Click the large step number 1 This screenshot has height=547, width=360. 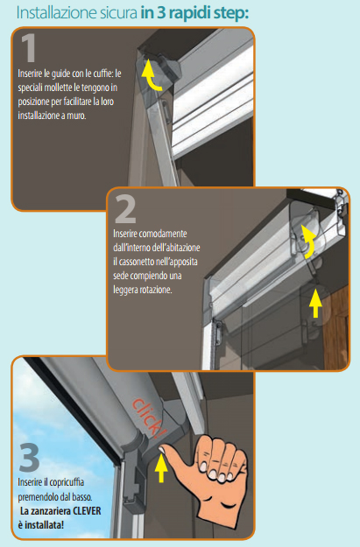29,47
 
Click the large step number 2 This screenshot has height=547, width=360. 125,209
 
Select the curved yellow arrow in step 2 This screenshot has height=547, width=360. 308,242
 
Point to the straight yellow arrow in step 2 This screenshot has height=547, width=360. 315,303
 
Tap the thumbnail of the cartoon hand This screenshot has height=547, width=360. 163,450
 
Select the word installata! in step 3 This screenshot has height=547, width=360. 45,524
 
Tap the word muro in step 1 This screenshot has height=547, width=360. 76,116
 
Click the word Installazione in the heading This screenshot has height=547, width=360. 52,13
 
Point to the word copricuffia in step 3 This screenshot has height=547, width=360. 67,482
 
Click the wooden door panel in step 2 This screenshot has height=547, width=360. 335,328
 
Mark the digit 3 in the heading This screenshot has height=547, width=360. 157,12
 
